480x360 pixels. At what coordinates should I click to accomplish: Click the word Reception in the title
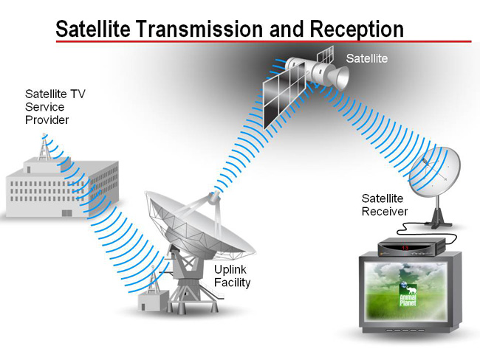(x=357, y=30)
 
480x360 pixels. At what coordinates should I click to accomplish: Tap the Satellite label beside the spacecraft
(x=367, y=58)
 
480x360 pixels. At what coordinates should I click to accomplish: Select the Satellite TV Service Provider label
(x=55, y=107)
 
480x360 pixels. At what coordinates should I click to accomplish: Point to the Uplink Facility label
(x=232, y=276)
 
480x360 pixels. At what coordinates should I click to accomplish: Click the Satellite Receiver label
(x=385, y=205)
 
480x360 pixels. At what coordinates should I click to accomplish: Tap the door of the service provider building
(x=67, y=213)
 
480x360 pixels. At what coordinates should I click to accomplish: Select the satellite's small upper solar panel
(x=325, y=55)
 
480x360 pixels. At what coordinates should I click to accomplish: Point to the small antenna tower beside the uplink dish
(x=153, y=280)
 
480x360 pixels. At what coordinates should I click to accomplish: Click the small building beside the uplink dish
(x=153, y=301)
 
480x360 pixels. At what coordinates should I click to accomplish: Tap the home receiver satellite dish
(x=435, y=172)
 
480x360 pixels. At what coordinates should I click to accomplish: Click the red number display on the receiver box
(x=405, y=248)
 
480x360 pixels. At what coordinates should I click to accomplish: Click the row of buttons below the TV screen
(x=405, y=330)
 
